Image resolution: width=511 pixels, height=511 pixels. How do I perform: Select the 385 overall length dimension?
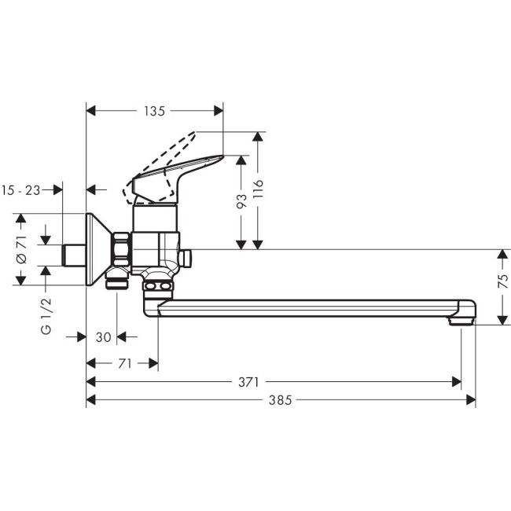tap(279, 399)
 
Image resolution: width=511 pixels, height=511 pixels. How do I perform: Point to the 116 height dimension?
tap(259, 189)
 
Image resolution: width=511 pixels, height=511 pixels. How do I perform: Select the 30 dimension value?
tap(103, 337)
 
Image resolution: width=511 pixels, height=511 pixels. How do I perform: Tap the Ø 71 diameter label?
tap(21, 248)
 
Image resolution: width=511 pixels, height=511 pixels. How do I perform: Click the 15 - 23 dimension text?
tap(22, 189)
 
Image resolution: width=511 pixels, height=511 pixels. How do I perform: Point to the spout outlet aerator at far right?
tap(461, 320)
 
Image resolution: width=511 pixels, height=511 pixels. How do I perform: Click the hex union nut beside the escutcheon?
tap(122, 249)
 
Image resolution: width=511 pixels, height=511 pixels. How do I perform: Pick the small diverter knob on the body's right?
tap(186, 257)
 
